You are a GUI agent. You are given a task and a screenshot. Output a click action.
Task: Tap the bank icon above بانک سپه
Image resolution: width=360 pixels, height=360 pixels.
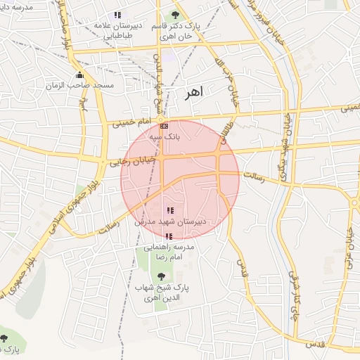[165, 126]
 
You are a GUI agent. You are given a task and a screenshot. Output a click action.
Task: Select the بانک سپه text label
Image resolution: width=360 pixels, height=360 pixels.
[165, 138]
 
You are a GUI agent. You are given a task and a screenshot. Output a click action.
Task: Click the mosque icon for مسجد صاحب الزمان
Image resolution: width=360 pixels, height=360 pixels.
[79, 75]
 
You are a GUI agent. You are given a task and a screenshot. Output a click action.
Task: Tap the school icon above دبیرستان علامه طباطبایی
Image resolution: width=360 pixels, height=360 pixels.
[117, 15]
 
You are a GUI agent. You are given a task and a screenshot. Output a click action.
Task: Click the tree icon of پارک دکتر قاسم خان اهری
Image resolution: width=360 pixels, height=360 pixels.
[174, 15]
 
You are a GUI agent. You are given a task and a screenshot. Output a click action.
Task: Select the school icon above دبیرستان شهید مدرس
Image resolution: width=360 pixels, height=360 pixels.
[169, 210]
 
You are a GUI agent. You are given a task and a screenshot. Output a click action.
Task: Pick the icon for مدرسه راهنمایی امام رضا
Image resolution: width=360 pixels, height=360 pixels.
[168, 237]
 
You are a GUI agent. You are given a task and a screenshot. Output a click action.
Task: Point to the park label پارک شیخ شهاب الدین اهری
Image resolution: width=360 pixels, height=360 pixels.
[172, 293]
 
